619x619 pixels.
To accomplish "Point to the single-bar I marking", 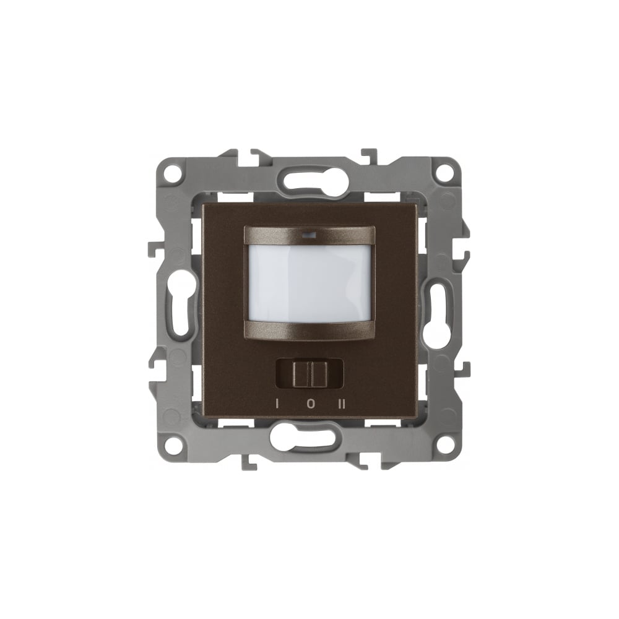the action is (277, 404).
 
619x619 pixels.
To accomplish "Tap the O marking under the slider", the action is (311, 404).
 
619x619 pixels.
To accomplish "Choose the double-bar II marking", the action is (342, 404).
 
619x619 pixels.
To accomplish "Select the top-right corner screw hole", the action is (444, 174).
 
